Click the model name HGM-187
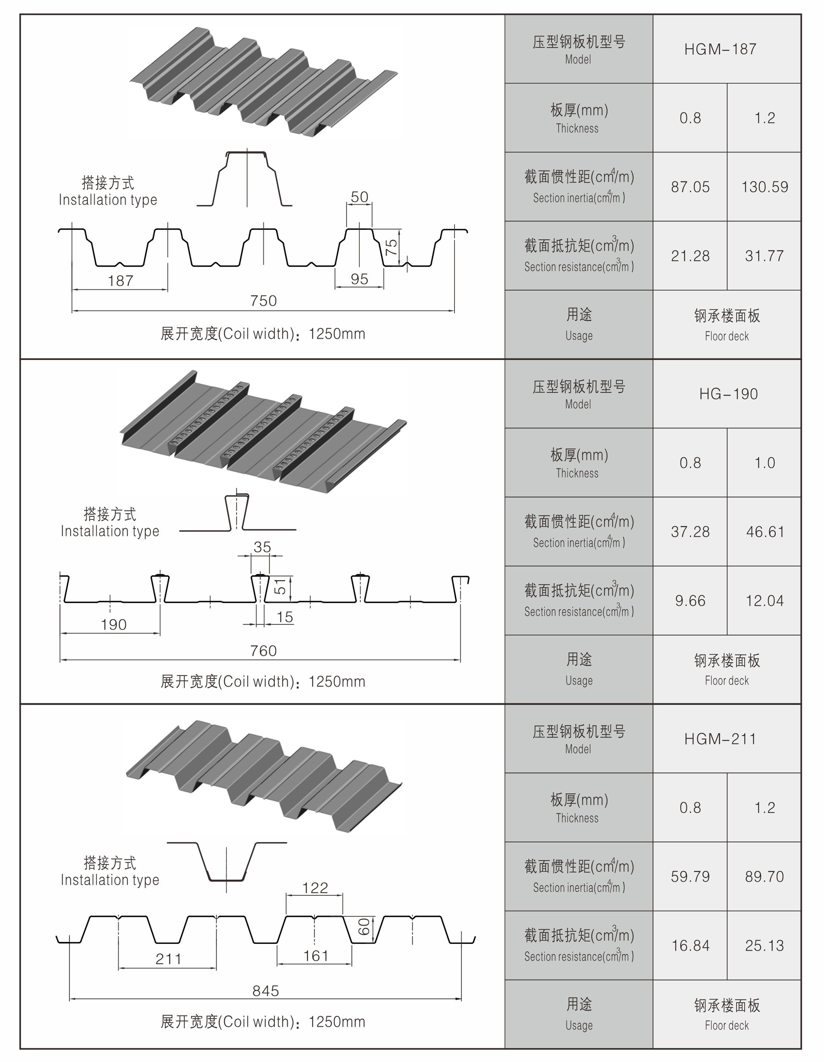coord(720,49)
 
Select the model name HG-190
coord(728,394)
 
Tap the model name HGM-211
coord(720,739)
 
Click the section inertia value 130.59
coord(764,187)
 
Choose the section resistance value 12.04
coord(764,601)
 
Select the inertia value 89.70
coord(764,877)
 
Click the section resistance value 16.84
coord(690,946)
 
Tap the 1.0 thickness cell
coord(764,463)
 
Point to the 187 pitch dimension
coord(120,281)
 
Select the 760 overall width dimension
coord(263,651)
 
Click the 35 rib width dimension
coord(262,547)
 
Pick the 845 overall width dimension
coord(265,990)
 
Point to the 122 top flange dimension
coord(315,888)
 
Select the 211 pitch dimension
coord(168,959)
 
